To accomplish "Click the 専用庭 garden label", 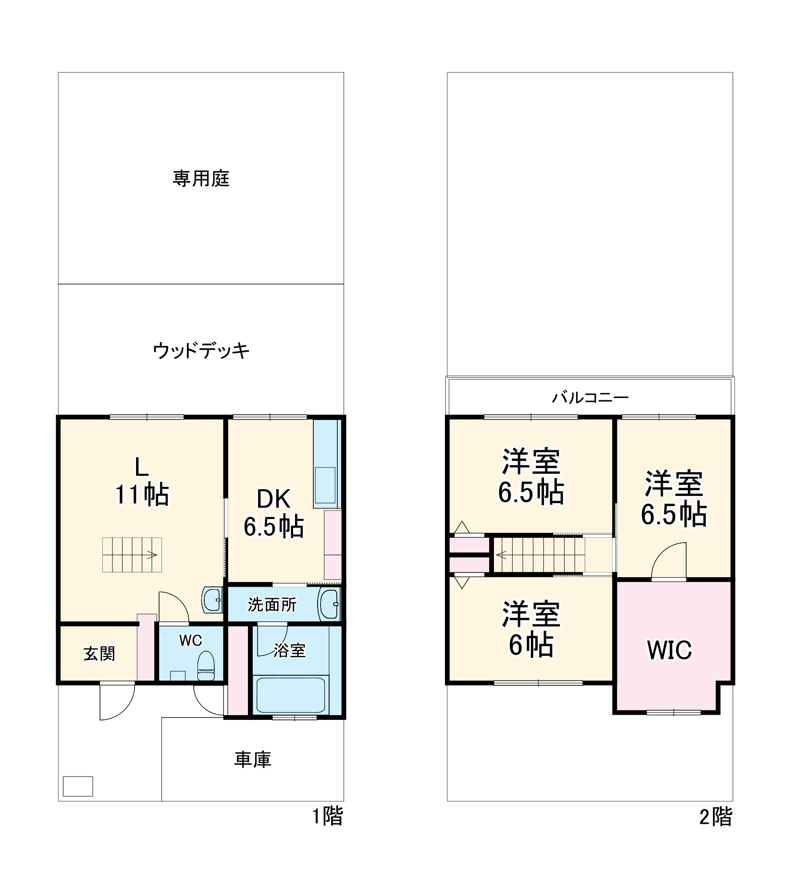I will [x=201, y=179].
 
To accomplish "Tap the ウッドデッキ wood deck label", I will [x=201, y=351].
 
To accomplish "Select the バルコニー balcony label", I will [x=590, y=397].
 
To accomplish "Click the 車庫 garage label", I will [x=253, y=759].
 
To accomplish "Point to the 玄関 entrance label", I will [x=99, y=654].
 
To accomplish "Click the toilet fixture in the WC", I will [x=206, y=666].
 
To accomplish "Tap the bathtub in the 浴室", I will [x=290, y=695].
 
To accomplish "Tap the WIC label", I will [x=669, y=650].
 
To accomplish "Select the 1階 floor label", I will [x=328, y=817].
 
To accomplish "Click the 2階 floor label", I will [x=715, y=817].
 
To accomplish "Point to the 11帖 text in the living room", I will [x=142, y=495].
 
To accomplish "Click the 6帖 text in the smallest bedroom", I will [x=531, y=645].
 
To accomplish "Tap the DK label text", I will [x=273, y=499].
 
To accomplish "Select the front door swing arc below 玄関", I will [x=117, y=702].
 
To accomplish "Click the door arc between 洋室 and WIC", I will [x=669, y=561].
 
